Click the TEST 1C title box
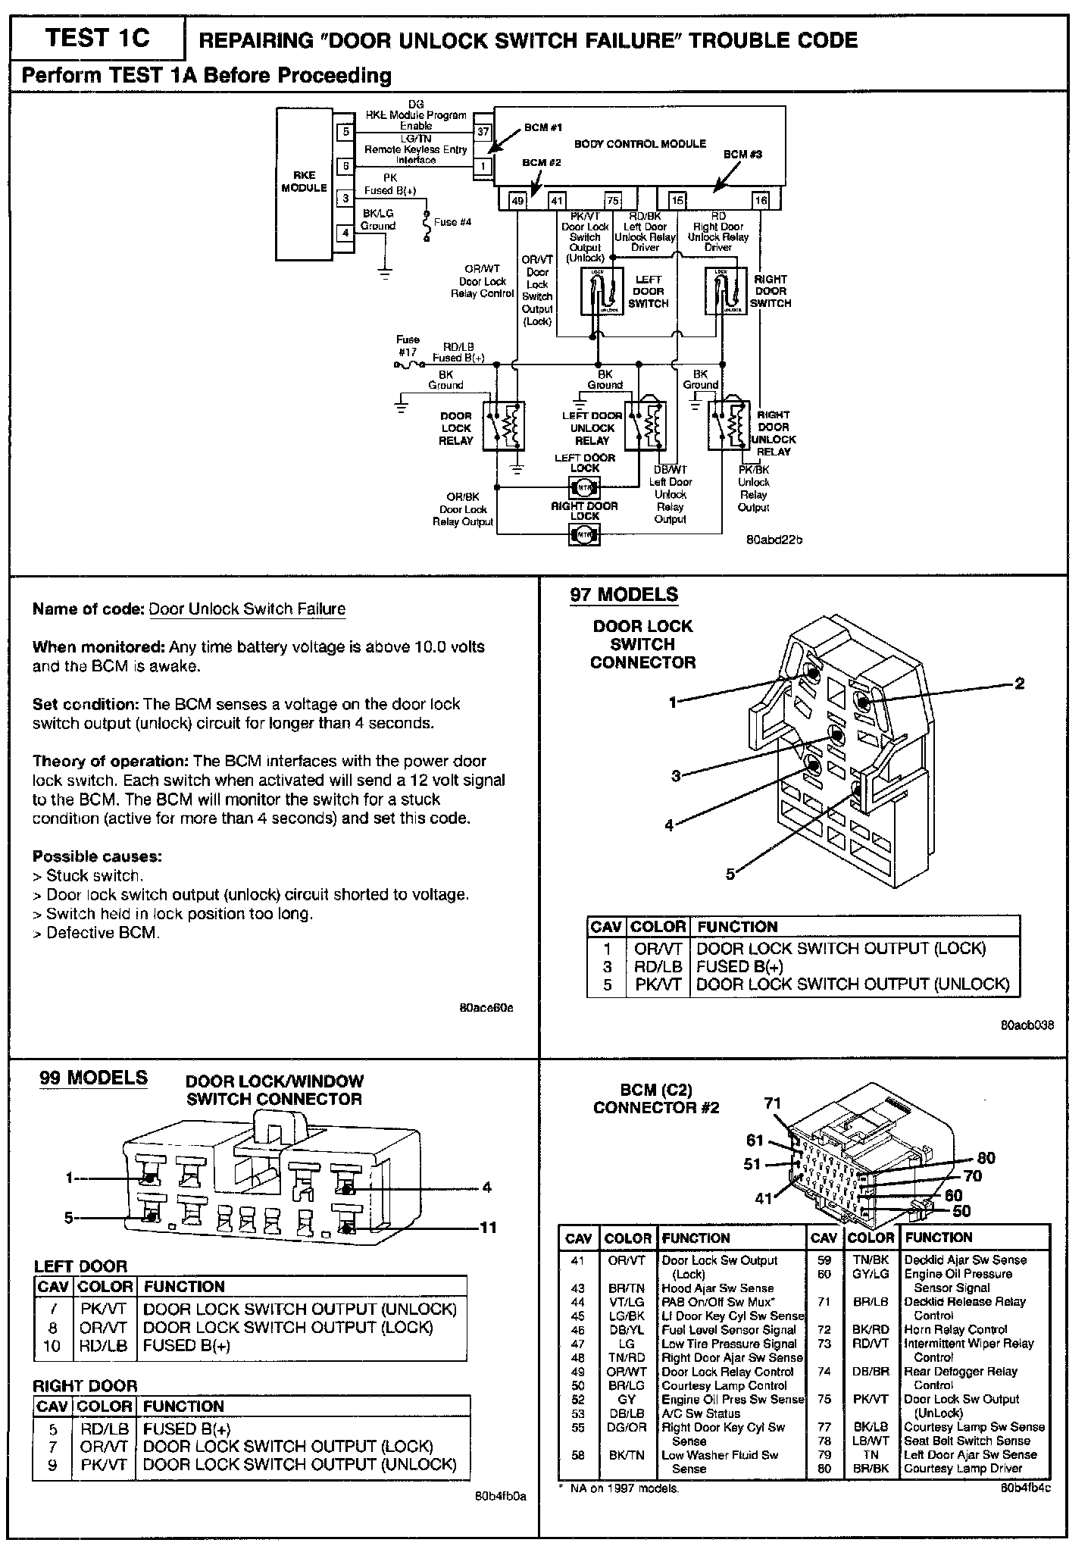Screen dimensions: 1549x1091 pyautogui.click(x=98, y=38)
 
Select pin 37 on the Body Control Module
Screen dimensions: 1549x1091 pyautogui.click(x=483, y=131)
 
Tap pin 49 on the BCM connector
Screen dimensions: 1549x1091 pyautogui.click(x=517, y=200)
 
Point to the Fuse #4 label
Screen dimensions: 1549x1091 pyautogui.click(x=452, y=222)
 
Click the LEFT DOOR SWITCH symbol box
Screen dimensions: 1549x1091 pyautogui.click(x=603, y=292)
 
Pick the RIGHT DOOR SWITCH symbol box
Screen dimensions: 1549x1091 pyautogui.click(x=726, y=292)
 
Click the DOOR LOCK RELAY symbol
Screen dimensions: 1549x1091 pyautogui.click(x=504, y=427)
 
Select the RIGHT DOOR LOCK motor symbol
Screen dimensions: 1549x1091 pyautogui.click(x=585, y=535)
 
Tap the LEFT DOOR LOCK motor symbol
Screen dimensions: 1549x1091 pyautogui.click(x=585, y=487)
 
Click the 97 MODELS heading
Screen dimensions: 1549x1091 pyautogui.click(x=624, y=595)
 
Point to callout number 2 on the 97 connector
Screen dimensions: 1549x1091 pyautogui.click(x=1019, y=684)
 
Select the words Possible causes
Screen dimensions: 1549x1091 pyautogui.click(x=97, y=856)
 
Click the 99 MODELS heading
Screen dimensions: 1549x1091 pyautogui.click(x=93, y=1078)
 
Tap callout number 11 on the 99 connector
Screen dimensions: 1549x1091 pyautogui.click(x=488, y=1227)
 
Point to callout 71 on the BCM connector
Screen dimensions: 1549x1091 pyautogui.click(x=772, y=1103)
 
